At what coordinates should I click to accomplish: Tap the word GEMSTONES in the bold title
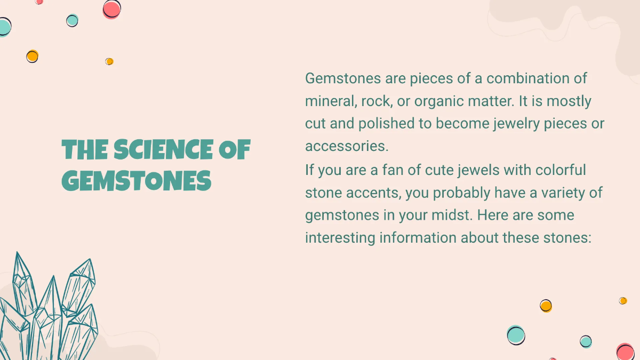(137, 181)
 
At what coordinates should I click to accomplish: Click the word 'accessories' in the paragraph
(346, 146)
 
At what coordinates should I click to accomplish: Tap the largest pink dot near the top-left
(111, 9)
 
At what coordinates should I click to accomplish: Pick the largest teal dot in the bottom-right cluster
(516, 335)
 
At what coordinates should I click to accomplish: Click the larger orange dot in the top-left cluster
(32, 56)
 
